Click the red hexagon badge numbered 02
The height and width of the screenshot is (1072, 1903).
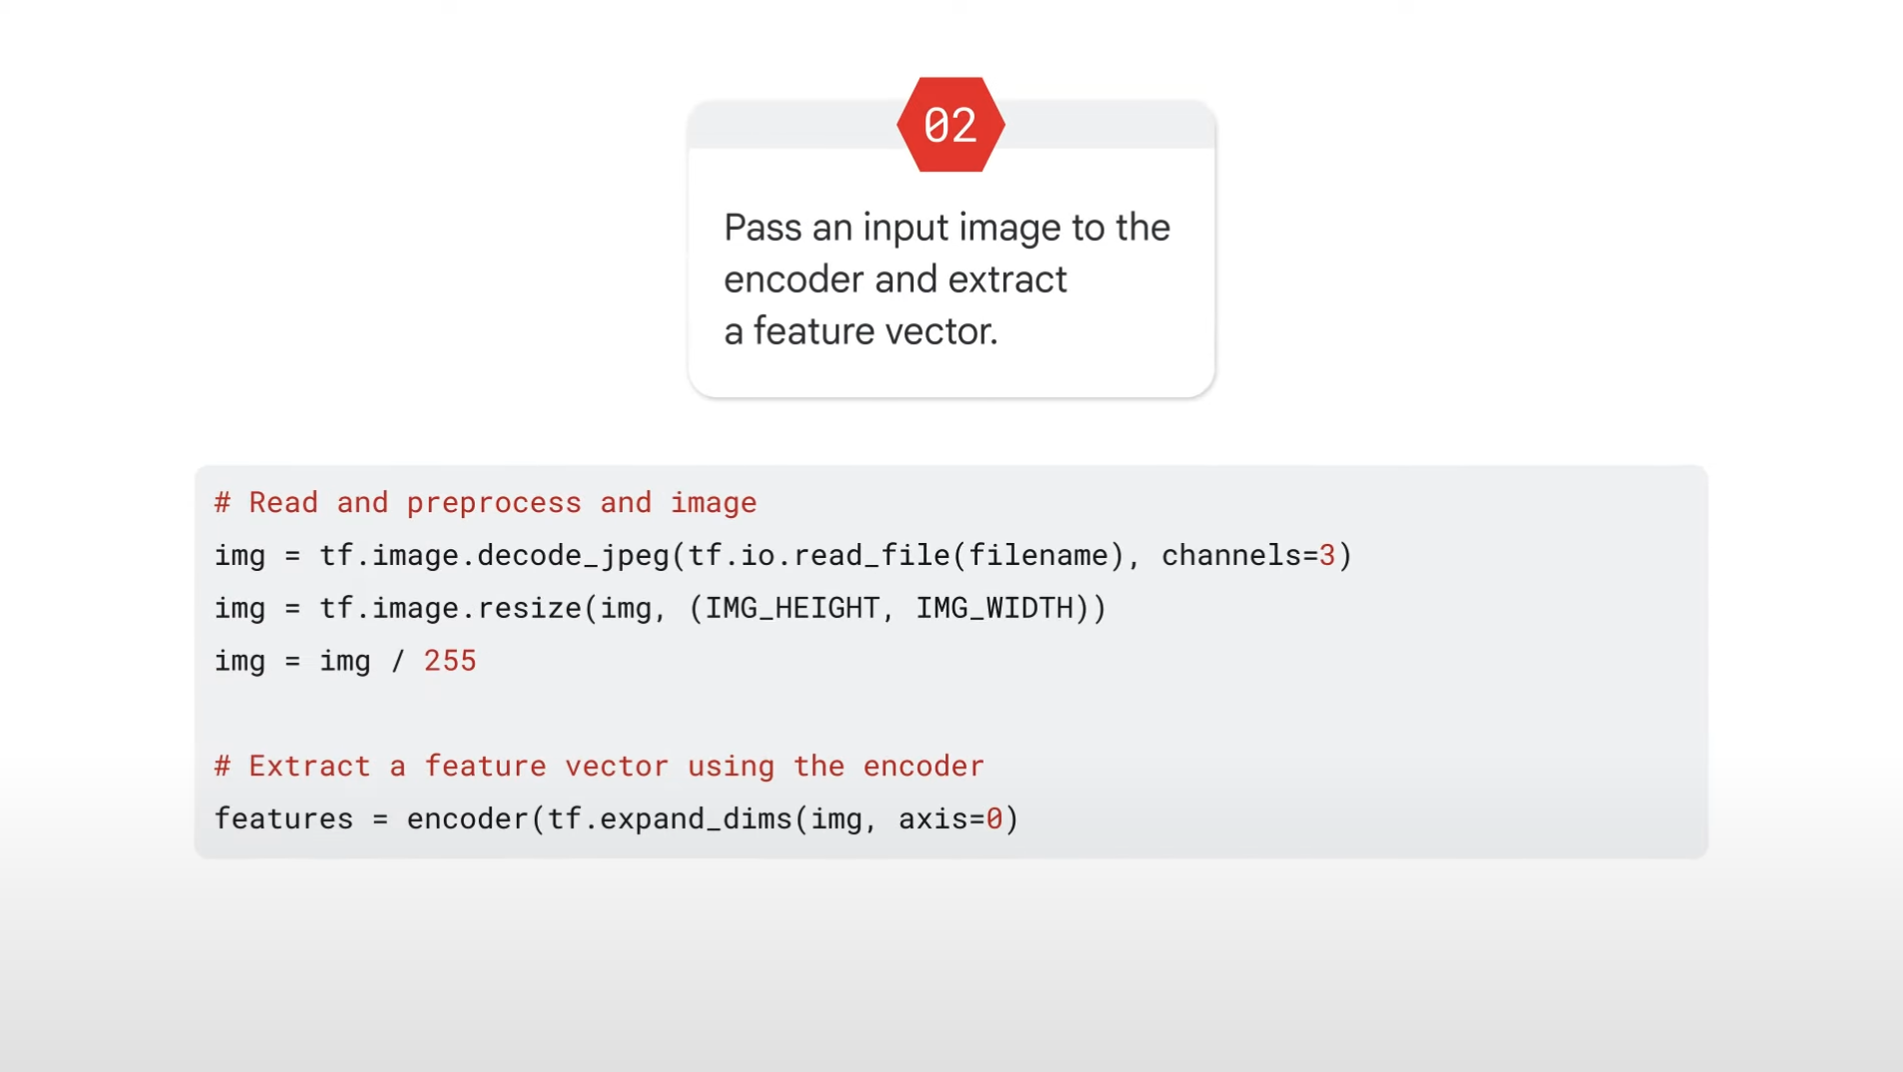(951, 125)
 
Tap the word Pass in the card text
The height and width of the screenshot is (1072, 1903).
(763, 228)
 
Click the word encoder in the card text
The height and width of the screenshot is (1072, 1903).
(794, 280)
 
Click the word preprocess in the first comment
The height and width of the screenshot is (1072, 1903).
(494, 503)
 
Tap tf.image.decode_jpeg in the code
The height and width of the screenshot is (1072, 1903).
(494, 556)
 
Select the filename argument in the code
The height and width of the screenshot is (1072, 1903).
(1039, 556)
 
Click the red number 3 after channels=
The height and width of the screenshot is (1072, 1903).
(1326, 556)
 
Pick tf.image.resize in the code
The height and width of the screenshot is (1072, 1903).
(450, 609)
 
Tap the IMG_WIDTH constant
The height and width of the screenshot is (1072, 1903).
(993, 609)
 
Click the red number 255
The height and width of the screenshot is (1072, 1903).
(450, 661)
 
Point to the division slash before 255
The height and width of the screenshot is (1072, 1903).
(398, 661)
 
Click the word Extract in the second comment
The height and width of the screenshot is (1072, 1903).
(310, 767)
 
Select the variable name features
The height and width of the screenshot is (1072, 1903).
(284, 819)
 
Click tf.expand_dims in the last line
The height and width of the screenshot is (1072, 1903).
(670, 819)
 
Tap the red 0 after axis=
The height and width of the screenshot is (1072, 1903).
(993, 819)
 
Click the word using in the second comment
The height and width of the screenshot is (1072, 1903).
(731, 767)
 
